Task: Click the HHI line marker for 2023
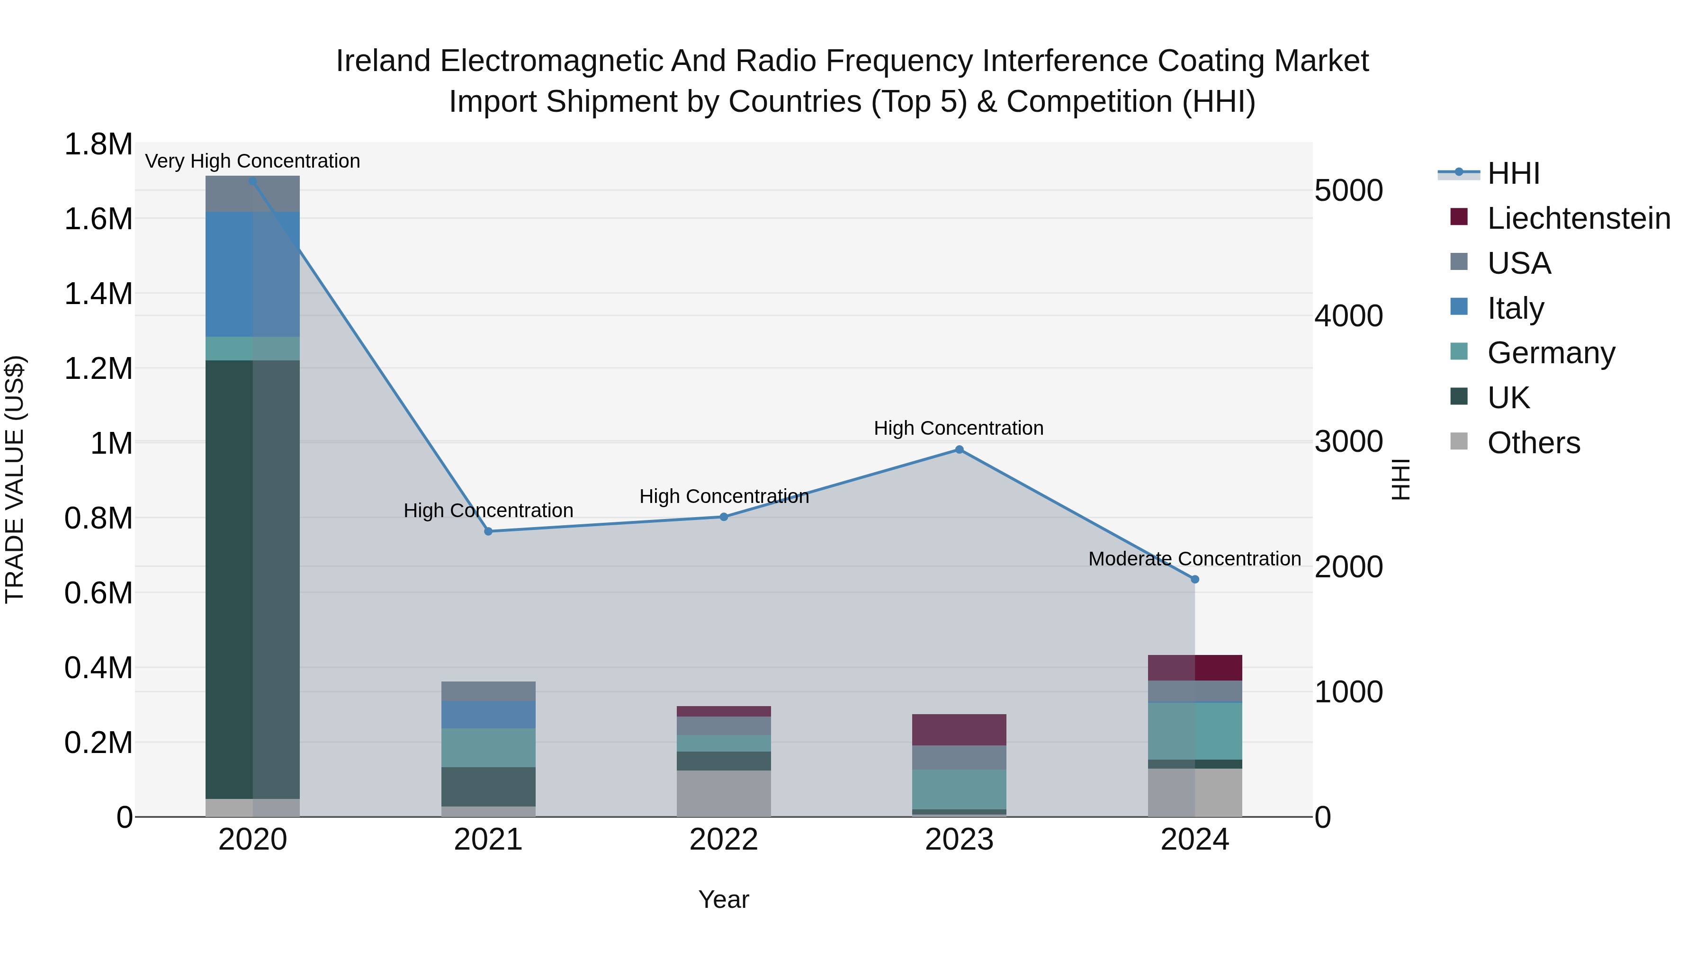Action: (x=959, y=449)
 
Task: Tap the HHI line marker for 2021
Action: (x=488, y=531)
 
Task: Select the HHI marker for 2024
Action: (x=1195, y=579)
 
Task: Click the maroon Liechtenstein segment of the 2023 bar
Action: (x=959, y=729)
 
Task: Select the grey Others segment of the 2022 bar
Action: (x=723, y=793)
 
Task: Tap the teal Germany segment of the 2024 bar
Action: (x=1195, y=731)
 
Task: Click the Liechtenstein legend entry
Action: (x=1578, y=218)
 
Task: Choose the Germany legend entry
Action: (x=1550, y=353)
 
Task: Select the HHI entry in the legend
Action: (x=1513, y=173)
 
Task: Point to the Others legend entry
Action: (x=1533, y=443)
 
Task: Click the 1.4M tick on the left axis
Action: (x=99, y=293)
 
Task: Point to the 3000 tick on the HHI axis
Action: (x=1348, y=441)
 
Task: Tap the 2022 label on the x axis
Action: (x=723, y=840)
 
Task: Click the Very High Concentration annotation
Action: (x=252, y=161)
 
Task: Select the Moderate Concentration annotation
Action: (x=1195, y=559)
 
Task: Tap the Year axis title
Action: (x=723, y=899)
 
